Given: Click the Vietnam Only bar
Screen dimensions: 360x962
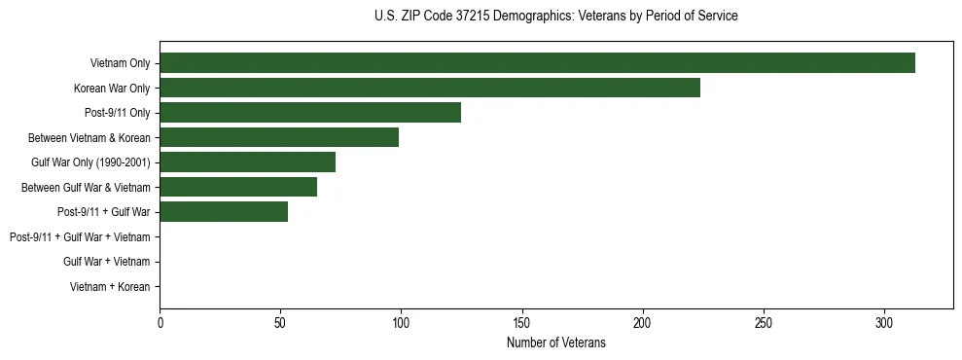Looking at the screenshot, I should click(537, 63).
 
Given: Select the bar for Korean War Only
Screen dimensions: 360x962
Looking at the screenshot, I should click(430, 88).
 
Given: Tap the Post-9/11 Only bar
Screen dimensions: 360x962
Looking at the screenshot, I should click(310, 113).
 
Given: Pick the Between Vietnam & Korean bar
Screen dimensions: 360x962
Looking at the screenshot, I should click(279, 137).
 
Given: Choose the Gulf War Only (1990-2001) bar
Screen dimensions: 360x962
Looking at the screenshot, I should click(247, 162).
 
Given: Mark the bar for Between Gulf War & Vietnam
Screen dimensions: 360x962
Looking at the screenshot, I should click(238, 187).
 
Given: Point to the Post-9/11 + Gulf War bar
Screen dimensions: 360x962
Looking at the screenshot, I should click(224, 211).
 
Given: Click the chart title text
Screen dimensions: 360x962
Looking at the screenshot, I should click(555, 17).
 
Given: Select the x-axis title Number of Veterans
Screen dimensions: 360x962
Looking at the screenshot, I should click(555, 342).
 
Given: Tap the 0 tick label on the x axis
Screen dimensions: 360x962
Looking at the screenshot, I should click(160, 322).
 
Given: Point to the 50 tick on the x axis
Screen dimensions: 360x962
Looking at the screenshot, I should click(280, 322).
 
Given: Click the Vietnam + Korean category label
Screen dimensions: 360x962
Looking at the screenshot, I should click(110, 286).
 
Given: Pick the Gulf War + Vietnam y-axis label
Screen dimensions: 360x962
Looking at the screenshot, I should click(106, 261).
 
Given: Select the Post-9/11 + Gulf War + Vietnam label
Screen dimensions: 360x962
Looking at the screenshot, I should click(80, 236).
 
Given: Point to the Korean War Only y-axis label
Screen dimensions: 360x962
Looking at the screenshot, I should click(112, 89).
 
